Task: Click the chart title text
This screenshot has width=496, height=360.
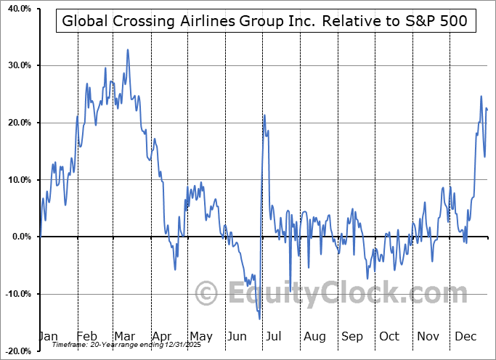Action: [x=266, y=21]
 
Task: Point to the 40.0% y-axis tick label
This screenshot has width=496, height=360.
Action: [x=17, y=9]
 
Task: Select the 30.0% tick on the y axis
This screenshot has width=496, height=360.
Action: [x=17, y=66]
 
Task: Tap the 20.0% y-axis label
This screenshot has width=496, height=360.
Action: [x=17, y=123]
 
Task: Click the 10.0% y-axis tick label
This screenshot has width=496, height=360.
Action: [x=17, y=180]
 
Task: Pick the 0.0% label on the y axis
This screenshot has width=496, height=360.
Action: [x=19, y=237]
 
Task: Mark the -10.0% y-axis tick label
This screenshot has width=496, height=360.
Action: [x=15, y=294]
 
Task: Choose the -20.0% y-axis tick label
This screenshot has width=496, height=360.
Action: [x=15, y=351]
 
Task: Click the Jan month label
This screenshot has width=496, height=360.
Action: [x=48, y=336]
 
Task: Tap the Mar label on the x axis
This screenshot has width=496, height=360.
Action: [x=126, y=336]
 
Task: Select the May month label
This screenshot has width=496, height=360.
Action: [x=200, y=336]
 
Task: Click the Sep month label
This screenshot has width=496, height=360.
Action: [x=351, y=336]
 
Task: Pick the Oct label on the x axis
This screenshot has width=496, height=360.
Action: [x=389, y=336]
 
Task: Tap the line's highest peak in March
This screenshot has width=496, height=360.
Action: [x=128, y=49]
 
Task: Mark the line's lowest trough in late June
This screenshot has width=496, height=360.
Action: [x=259, y=319]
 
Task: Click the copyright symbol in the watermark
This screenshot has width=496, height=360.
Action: [x=208, y=294]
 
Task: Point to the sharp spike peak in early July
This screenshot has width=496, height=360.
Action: [x=264, y=115]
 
